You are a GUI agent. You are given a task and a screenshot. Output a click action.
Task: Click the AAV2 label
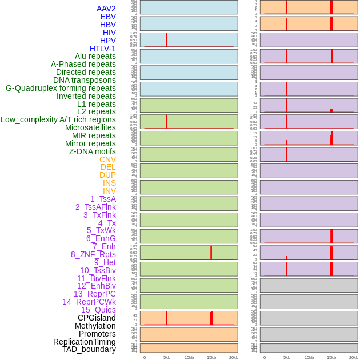(106, 9)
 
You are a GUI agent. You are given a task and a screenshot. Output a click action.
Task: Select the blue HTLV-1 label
(102, 49)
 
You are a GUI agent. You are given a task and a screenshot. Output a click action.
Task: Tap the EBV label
(108, 17)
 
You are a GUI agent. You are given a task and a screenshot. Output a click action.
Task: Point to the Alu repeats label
(95, 56)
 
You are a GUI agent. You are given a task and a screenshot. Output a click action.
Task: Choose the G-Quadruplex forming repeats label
(61, 88)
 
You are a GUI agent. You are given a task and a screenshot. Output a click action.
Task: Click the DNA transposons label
(85, 80)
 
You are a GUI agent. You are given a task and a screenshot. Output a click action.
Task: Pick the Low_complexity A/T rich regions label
(58, 119)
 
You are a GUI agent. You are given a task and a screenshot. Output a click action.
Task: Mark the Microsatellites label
(90, 127)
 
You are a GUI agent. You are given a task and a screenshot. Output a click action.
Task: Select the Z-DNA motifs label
(92, 151)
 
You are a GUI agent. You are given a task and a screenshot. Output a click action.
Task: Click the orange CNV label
(107, 159)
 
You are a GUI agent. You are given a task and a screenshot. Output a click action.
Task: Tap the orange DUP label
(107, 175)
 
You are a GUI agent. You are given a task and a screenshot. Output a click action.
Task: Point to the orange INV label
(109, 191)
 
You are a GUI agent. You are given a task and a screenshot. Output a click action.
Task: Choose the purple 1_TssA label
(103, 199)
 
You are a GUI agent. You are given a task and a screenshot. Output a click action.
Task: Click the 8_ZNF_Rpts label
(93, 254)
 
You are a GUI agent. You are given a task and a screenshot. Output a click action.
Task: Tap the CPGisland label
(97, 318)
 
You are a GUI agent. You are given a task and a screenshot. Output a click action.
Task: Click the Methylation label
(95, 326)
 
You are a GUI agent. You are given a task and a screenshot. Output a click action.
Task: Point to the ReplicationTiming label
(84, 342)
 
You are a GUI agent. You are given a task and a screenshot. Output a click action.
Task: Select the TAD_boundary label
(89, 349)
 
